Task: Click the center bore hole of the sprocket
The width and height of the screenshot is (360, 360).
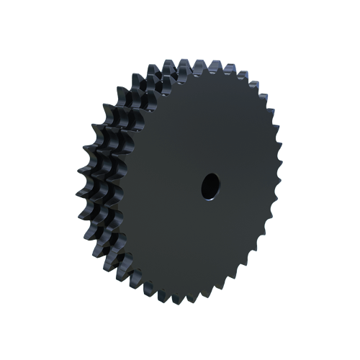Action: point(209,186)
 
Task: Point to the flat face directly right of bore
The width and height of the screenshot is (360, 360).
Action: point(245,186)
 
